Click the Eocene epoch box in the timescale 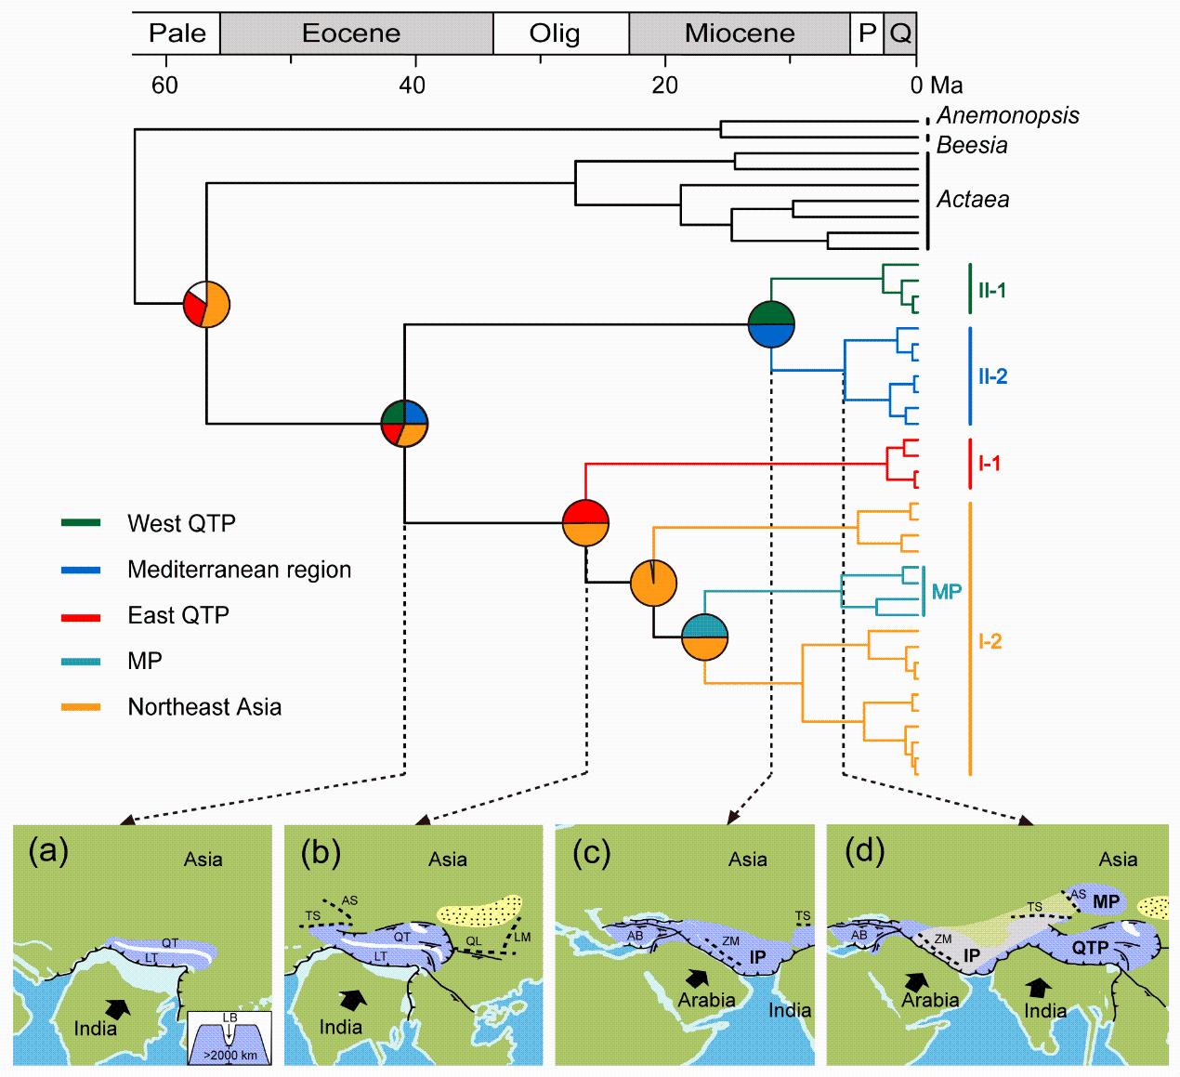[351, 33]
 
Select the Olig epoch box [555, 33]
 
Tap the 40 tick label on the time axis [413, 85]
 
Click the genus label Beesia [972, 145]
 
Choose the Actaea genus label [973, 199]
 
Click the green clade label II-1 [991, 290]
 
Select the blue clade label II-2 [992, 376]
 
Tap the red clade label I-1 [989, 463]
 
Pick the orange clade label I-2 [990, 641]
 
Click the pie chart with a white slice [206, 303]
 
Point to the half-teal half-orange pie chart [704, 637]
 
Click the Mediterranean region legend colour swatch [81, 570]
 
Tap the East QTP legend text [178, 615]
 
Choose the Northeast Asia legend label [204, 707]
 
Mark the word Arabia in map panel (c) [706, 1000]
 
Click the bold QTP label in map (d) [1091, 949]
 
